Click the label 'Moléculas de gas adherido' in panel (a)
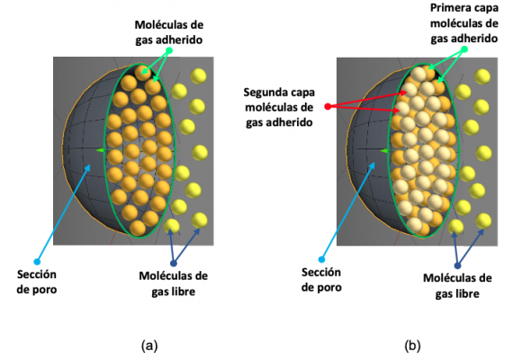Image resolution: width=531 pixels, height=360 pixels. (169, 32)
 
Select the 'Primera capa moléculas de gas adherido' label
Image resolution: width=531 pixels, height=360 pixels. (463, 23)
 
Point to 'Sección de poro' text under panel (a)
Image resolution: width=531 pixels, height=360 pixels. (37, 282)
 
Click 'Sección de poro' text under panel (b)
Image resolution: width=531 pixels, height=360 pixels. (321, 280)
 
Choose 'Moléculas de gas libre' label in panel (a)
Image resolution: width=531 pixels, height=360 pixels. (173, 283)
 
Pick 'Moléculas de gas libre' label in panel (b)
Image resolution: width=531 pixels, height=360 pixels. (457, 286)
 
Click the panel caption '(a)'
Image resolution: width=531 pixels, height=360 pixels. (149, 346)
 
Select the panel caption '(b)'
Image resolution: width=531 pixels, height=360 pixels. (412, 346)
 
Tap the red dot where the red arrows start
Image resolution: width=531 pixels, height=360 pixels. (328, 107)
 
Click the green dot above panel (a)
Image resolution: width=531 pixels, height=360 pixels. (169, 50)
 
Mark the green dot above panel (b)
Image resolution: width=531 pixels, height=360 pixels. (464, 49)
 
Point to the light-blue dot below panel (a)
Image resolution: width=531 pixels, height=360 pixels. (37, 261)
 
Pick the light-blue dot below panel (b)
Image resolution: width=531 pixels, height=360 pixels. (321, 259)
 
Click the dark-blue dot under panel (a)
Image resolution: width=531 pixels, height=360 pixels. (174, 264)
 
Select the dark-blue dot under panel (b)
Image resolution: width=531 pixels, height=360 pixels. (457, 265)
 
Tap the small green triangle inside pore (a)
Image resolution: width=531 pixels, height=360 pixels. (101, 150)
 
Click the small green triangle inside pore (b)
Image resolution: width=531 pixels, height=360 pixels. (384, 150)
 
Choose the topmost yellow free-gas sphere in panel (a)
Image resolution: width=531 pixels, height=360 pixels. (198, 76)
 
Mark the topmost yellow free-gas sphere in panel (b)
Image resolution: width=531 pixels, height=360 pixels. (482, 76)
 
